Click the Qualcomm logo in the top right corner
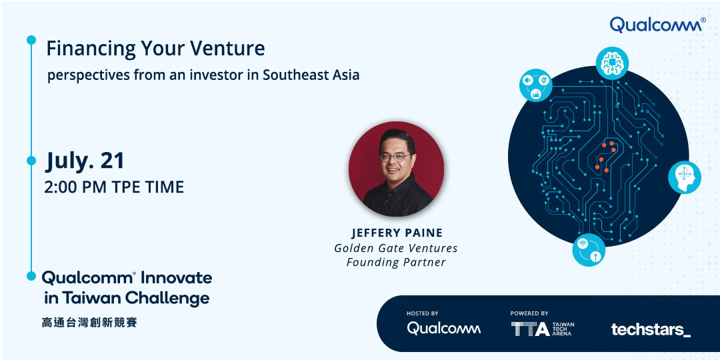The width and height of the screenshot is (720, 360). [657, 25]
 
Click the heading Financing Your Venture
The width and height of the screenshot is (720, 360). [155, 49]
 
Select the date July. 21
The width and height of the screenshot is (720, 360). [85, 161]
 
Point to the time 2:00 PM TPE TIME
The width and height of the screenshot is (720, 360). [115, 187]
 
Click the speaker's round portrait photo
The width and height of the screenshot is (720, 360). [396, 169]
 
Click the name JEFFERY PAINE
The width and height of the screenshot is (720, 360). [397, 233]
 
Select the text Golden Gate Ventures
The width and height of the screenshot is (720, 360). [396, 249]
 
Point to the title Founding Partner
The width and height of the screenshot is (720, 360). [396, 263]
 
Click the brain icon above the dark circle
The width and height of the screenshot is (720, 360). [611, 63]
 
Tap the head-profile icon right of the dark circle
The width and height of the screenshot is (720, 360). [684, 177]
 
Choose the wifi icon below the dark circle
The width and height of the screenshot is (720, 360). [589, 250]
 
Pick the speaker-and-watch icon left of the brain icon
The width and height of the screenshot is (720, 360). [535, 85]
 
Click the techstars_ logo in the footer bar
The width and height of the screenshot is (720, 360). [651, 329]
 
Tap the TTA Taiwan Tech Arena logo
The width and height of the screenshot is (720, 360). [542, 329]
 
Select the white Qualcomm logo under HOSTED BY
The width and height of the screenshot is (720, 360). [443, 328]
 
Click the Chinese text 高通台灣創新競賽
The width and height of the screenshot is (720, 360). [89, 323]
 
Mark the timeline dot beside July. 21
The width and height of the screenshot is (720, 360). [31, 161]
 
